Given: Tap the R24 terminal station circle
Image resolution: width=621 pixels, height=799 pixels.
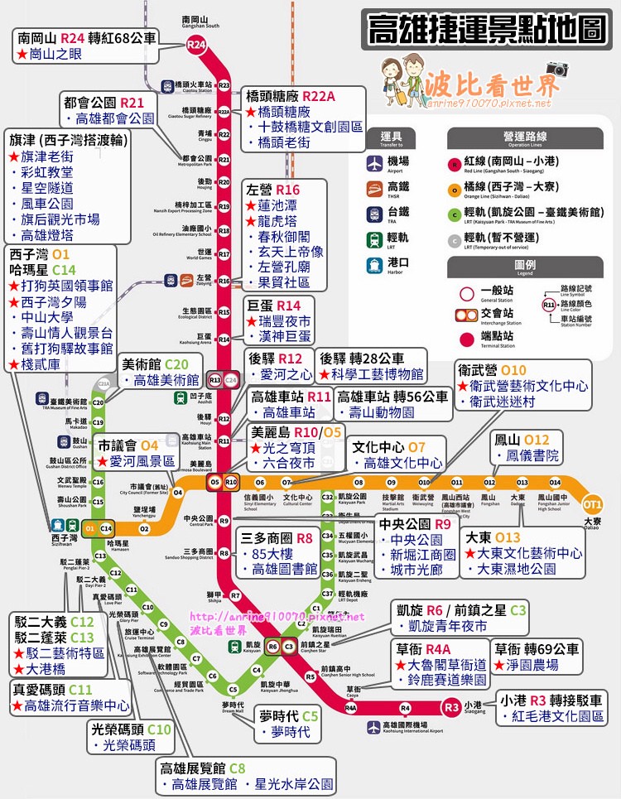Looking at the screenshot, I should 196,47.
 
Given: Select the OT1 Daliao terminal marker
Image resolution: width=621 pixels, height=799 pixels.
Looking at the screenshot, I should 592,503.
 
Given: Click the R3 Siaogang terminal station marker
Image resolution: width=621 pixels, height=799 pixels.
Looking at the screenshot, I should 451,707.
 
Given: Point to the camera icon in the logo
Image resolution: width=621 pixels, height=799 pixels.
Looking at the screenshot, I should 557,70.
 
